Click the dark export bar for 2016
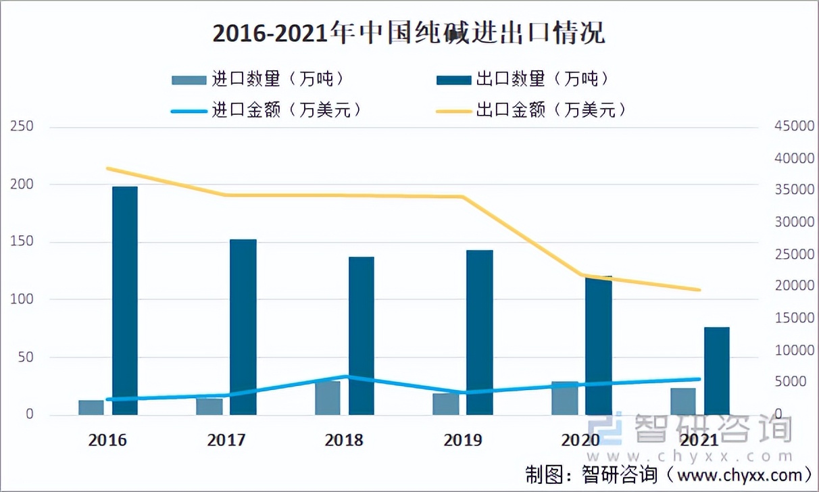pyautogui.click(x=125, y=300)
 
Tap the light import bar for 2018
pyautogui.click(x=328, y=398)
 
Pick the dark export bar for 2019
pyautogui.click(x=480, y=332)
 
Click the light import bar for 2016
pyautogui.click(x=91, y=408)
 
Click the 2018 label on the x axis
pyautogui.click(x=343, y=441)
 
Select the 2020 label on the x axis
pyautogui.click(x=580, y=441)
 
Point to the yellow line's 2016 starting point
pyautogui.click(x=108, y=168)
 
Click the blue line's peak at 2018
pyautogui.click(x=345, y=376)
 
